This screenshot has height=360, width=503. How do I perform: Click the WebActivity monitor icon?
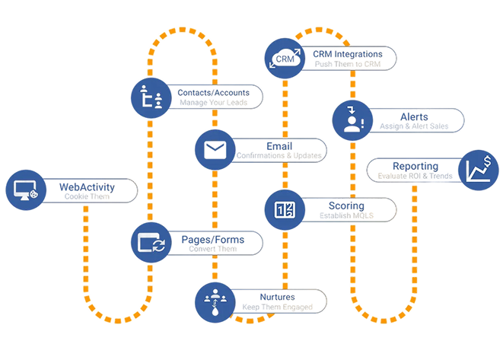click(x=26, y=190)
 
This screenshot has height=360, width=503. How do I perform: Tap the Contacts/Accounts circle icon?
click(x=151, y=97)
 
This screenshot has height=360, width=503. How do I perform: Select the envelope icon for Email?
click(x=214, y=150)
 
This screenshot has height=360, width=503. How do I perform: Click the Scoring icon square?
click(x=285, y=209)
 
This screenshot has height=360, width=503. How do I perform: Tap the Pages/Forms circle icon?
click(x=150, y=243)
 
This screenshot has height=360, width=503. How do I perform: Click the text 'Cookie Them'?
click(x=87, y=196)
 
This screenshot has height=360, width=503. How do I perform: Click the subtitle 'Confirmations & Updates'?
click(x=279, y=156)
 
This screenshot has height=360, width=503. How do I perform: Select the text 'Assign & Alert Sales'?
click(x=414, y=126)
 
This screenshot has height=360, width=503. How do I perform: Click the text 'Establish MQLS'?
click(x=346, y=216)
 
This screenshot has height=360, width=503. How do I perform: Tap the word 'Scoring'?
click(x=346, y=205)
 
